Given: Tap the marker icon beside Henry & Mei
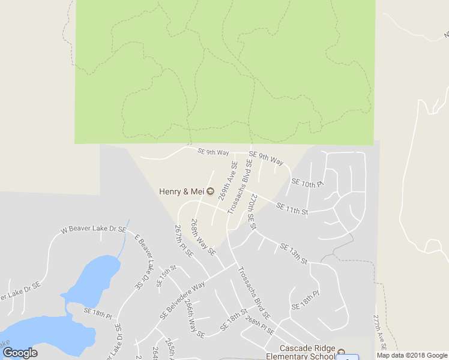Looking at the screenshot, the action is (x=210, y=192).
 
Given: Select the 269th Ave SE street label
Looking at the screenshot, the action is (x=228, y=180).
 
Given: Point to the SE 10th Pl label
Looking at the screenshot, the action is (x=307, y=183).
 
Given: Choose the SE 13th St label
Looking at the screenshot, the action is (x=294, y=254).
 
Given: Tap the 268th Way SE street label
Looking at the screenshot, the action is (x=203, y=237).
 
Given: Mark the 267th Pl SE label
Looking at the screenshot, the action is (x=184, y=241).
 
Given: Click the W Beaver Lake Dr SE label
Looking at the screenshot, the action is (x=94, y=230).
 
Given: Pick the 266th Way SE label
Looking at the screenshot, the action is (x=195, y=317).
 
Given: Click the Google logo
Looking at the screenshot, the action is (x=20, y=353).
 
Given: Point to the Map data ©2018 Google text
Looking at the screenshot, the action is (x=412, y=355).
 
